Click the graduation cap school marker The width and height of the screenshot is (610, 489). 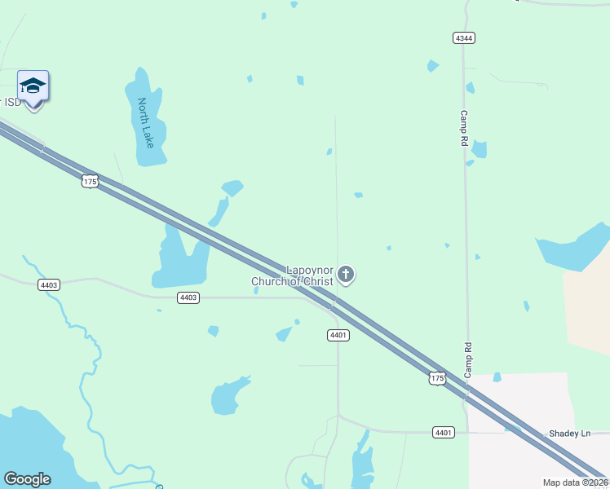pyautogui.click(x=33, y=86)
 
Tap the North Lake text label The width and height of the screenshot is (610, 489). pyautogui.click(x=146, y=123)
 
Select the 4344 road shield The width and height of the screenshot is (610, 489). pyautogui.click(x=464, y=38)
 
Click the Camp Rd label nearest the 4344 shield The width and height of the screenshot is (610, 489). pyautogui.click(x=464, y=129)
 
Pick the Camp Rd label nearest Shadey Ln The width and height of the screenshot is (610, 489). pyautogui.click(x=468, y=358)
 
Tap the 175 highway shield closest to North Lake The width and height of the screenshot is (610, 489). pyautogui.click(x=90, y=181)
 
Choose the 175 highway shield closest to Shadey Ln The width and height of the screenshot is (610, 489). pyautogui.click(x=437, y=378)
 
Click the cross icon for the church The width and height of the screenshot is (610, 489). pyautogui.click(x=346, y=274)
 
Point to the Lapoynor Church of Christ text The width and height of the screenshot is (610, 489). pyautogui.click(x=294, y=275)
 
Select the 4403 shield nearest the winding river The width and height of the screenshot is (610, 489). pyautogui.click(x=48, y=284)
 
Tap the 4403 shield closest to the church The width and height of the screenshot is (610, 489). pyautogui.click(x=188, y=297)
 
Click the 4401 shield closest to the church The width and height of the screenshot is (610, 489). pyautogui.click(x=338, y=335)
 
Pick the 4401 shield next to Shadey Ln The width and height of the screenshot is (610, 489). pyautogui.click(x=443, y=432)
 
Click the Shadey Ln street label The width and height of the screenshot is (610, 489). pyautogui.click(x=568, y=434)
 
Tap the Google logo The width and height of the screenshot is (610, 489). pyautogui.click(x=28, y=479)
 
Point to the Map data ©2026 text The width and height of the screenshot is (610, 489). pyautogui.click(x=575, y=482)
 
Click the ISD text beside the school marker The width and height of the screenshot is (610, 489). pyautogui.click(x=11, y=102)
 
